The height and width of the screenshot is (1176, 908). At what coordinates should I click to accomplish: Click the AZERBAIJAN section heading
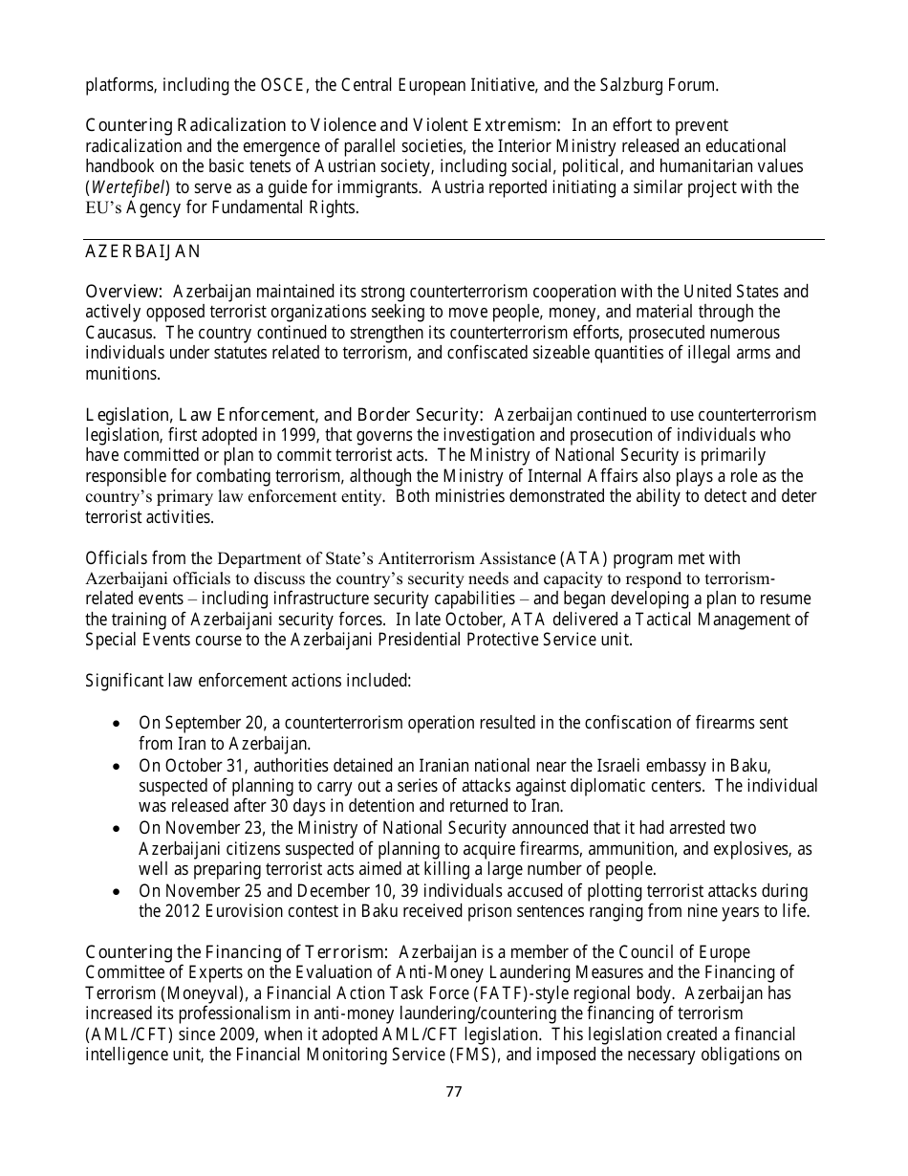click(x=143, y=251)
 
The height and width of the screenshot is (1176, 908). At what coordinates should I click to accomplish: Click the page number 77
click(x=454, y=1091)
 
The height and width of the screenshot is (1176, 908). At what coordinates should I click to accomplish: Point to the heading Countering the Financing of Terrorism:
click(x=236, y=952)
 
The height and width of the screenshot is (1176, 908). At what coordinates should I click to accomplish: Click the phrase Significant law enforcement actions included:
click(x=249, y=681)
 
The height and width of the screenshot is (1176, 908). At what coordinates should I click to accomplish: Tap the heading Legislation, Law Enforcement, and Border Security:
click(x=284, y=415)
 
